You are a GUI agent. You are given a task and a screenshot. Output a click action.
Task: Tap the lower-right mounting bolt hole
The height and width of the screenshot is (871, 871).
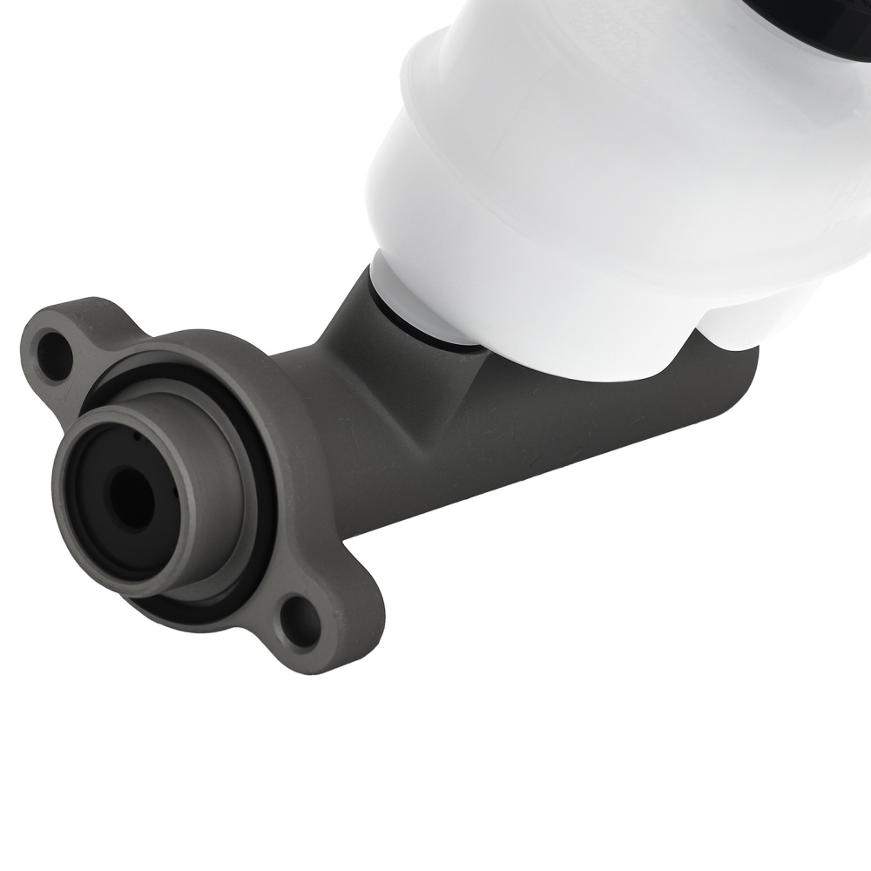point(301,623)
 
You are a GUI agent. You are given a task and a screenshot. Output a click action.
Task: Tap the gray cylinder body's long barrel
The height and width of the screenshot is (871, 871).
point(523,444)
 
